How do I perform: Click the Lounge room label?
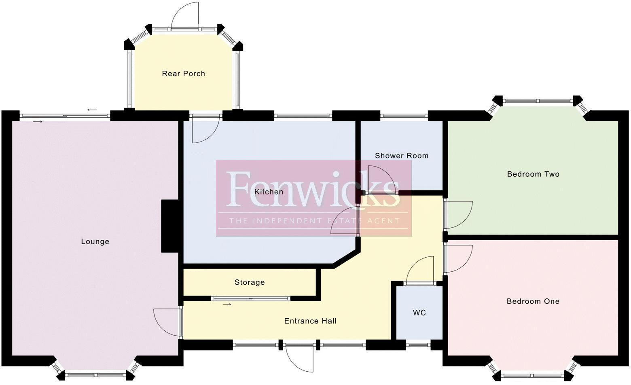click(x=95, y=241)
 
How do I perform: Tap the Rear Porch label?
click(x=183, y=74)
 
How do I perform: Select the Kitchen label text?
click(x=269, y=192)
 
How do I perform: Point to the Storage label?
click(x=250, y=282)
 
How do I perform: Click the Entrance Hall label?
click(x=310, y=321)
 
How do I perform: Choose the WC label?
click(x=419, y=313)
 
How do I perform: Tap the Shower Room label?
click(x=401, y=156)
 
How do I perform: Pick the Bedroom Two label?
click(x=533, y=174)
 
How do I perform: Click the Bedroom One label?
click(x=533, y=301)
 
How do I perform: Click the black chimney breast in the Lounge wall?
click(x=170, y=226)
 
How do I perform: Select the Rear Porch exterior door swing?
click(x=186, y=16)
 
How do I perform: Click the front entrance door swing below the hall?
click(x=300, y=358)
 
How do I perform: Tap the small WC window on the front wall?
click(x=418, y=345)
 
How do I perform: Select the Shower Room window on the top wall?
click(x=404, y=116)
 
